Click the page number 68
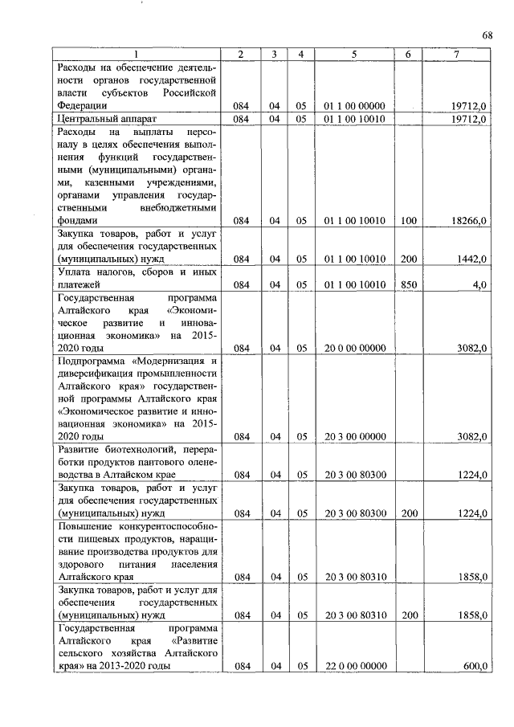pos(487,35)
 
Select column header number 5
pos(354,54)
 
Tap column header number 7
pos(455,54)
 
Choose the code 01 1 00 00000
pos(354,105)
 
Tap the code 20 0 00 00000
pos(354,348)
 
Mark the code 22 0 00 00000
pos(354,666)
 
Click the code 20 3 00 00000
pos(354,437)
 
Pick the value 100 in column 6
pos(408,220)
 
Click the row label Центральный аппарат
pos(97,118)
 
